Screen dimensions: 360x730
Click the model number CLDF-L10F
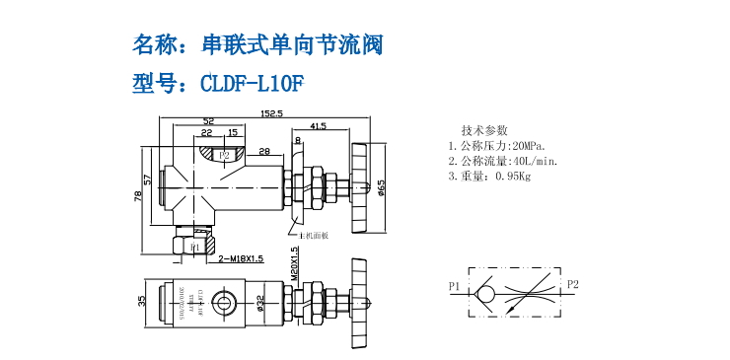pyautogui.click(x=250, y=84)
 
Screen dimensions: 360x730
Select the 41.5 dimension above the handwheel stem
pyautogui.click(x=318, y=126)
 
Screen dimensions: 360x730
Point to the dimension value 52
pyautogui.click(x=208, y=121)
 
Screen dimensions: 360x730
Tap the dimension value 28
pyautogui.click(x=265, y=151)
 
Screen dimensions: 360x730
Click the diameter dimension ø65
pyautogui.click(x=381, y=187)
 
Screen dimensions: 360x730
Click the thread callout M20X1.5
pyautogui.click(x=295, y=262)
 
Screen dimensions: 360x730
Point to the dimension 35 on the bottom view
pyautogui.click(x=141, y=301)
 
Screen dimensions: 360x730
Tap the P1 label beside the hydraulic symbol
pyautogui.click(x=455, y=287)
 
